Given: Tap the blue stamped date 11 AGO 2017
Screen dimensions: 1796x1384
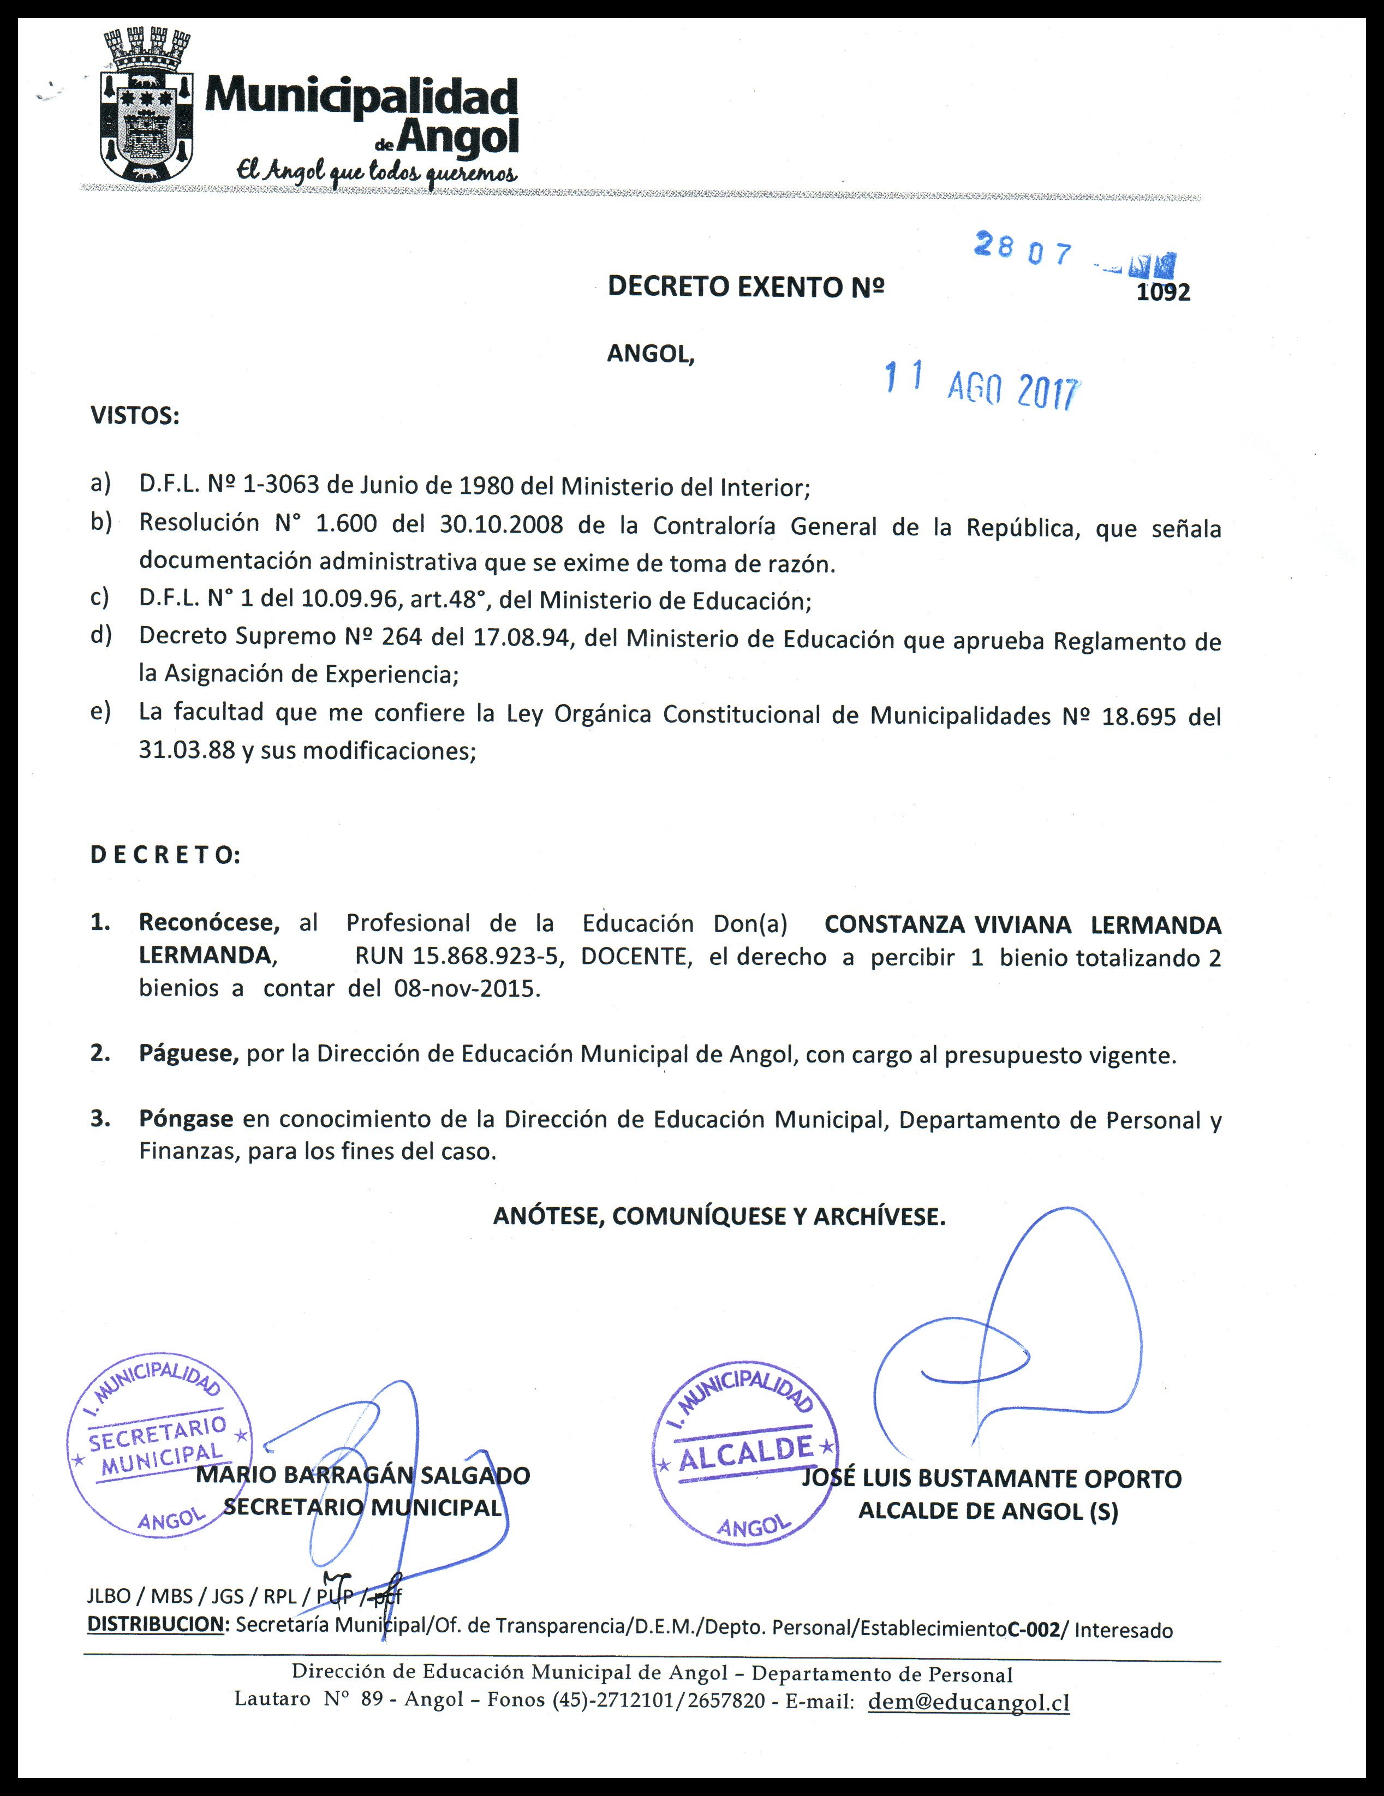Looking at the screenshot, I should click(981, 385).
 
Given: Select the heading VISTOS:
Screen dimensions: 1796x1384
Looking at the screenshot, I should click(135, 416).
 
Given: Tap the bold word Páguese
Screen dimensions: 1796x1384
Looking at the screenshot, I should click(188, 1053).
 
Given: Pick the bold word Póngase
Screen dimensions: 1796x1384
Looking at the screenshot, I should click(186, 1118).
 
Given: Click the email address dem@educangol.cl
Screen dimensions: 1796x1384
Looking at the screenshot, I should click(969, 1702).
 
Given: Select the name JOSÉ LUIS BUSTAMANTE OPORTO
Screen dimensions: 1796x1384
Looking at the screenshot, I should click(991, 1478).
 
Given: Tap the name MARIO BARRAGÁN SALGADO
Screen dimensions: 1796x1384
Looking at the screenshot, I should click(363, 1475).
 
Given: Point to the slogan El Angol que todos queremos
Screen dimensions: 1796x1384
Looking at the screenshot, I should click(377, 171).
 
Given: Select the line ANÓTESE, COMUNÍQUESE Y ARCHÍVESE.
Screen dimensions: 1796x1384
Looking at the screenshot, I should click(719, 1216).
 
